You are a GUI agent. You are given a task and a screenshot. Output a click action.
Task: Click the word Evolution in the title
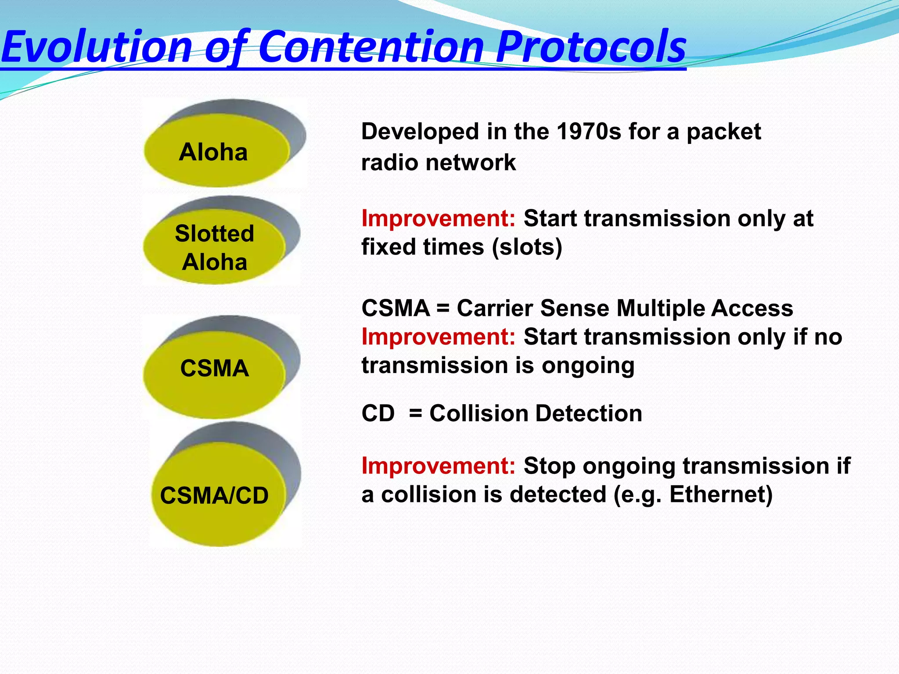coord(97,46)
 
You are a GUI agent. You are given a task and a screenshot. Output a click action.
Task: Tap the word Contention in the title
coord(371,46)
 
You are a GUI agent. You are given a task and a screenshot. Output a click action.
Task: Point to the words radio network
coord(438,162)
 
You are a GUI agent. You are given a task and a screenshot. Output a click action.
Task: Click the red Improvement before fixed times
coord(438,218)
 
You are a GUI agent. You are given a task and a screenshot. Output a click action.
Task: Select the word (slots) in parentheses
coord(527,247)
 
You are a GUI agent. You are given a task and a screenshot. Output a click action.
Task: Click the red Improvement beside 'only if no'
coord(438,337)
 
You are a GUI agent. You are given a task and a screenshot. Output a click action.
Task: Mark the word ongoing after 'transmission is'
coord(588,366)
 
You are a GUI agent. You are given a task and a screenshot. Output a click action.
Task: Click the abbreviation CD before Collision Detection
coord(378,413)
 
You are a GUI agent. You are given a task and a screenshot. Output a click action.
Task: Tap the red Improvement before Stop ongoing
coord(438,466)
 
